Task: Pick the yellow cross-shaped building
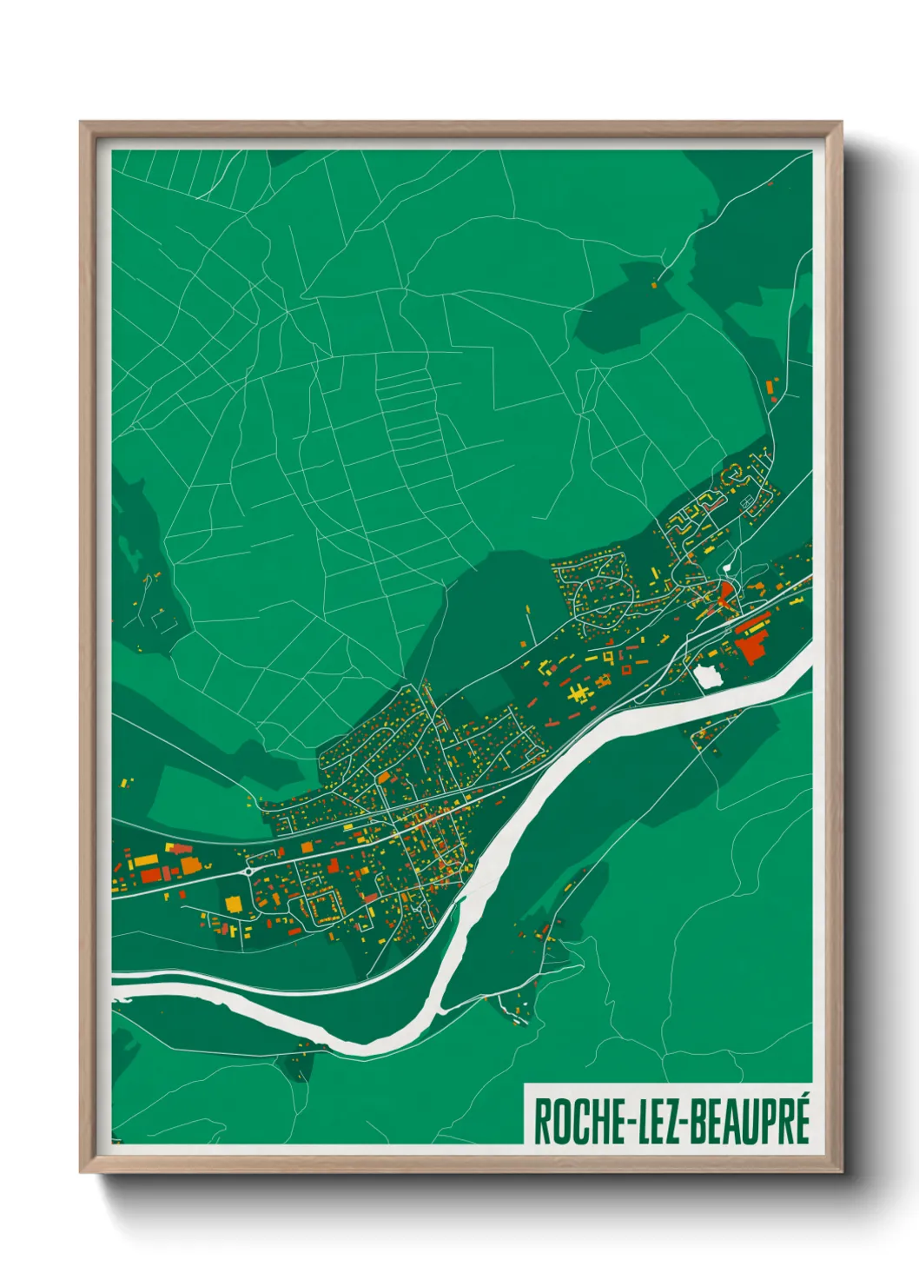pyautogui.click(x=578, y=693)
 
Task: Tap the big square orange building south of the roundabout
pyautogui.click(x=234, y=904)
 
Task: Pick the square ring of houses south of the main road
pyautogui.click(x=322, y=906)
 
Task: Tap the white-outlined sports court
pyautogui.click(x=746, y=502)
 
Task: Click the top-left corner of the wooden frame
pyautogui.click(x=81, y=123)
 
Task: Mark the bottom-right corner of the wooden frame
pyautogui.click(x=841, y=1172)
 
